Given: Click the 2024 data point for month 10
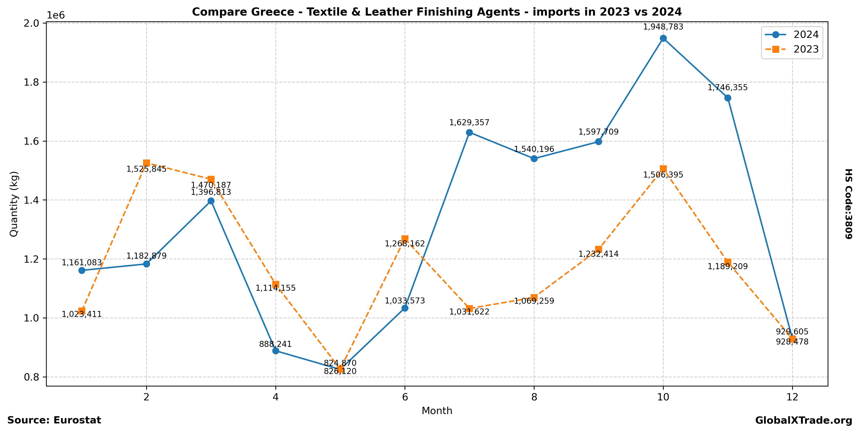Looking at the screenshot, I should [x=663, y=38].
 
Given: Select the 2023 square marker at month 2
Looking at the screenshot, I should [x=146, y=163].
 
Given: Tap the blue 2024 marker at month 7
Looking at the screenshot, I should [x=469, y=133].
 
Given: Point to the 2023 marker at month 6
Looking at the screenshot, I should [x=405, y=239].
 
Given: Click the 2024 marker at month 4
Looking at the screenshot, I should [x=275, y=351].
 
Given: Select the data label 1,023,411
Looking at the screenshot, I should [x=82, y=314].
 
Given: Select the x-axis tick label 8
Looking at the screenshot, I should [x=534, y=397].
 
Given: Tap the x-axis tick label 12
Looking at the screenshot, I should [x=792, y=397].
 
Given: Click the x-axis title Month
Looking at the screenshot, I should [x=437, y=411].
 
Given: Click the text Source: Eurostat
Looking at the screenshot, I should [x=54, y=420].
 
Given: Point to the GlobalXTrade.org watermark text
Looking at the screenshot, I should [x=804, y=421].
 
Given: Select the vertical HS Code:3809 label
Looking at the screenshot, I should [x=848, y=204].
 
